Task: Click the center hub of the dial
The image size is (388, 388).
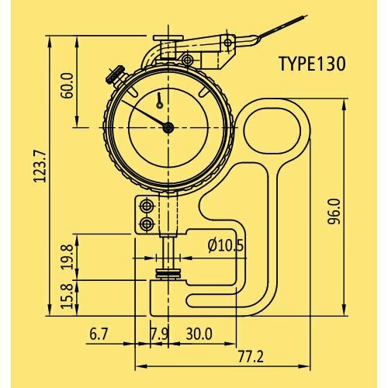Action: pyautogui.click(x=168, y=128)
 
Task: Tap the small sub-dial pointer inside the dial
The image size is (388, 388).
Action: pyautogui.click(x=158, y=99)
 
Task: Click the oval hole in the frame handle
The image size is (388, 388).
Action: pyautogui.click(x=269, y=129)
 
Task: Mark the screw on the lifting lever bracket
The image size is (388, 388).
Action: pyautogui.click(x=187, y=60)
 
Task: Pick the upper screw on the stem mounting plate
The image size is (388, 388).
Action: pyautogui.click(x=145, y=206)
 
